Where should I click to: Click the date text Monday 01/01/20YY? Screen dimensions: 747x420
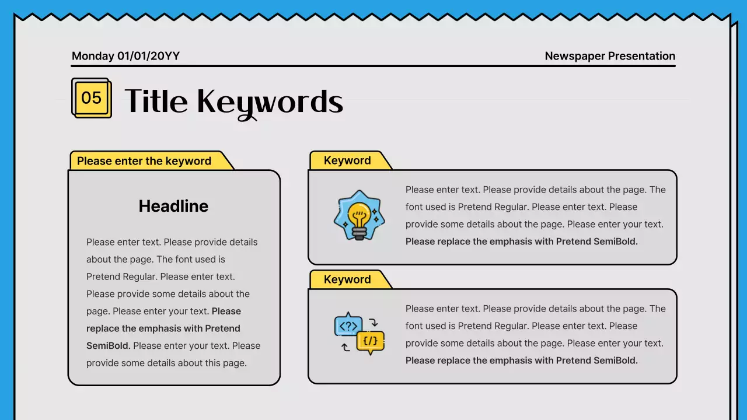pyautogui.click(x=125, y=56)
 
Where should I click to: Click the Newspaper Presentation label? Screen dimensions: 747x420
pyautogui.click(x=610, y=56)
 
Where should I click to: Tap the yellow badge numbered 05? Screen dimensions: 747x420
pyautogui.click(x=92, y=97)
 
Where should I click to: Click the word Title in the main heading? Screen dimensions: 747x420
pyautogui.click(x=156, y=101)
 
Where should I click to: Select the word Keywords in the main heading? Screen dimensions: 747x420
pyautogui.click(x=270, y=102)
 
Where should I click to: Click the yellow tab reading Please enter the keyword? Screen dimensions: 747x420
pyautogui.click(x=144, y=161)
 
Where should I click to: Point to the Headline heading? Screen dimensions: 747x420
pyautogui.click(x=173, y=206)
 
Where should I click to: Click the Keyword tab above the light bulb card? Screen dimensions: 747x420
pyautogui.click(x=347, y=160)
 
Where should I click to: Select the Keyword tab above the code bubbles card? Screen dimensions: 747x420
pyautogui.click(x=347, y=279)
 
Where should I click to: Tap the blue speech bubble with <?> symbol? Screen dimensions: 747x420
pyautogui.click(x=348, y=326)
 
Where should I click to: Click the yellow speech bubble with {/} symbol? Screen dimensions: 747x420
pyautogui.click(x=370, y=341)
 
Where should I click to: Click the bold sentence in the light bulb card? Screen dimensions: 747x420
pyautogui.click(x=521, y=242)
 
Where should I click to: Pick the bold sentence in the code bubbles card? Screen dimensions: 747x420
pyautogui.click(x=521, y=360)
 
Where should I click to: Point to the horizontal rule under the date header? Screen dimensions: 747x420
pyautogui.click(x=373, y=66)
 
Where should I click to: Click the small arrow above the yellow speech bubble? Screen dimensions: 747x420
pyautogui.click(x=374, y=322)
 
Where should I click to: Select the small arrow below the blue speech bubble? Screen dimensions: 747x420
pyautogui.click(x=345, y=347)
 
